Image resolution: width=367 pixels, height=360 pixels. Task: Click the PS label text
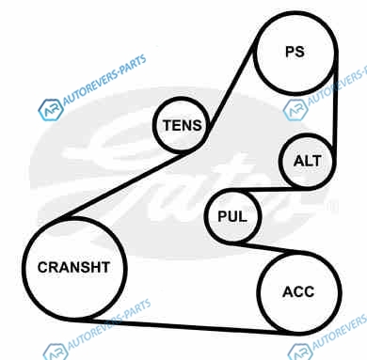295,52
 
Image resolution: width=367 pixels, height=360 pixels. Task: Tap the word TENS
183,125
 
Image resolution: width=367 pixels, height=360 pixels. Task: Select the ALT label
308,161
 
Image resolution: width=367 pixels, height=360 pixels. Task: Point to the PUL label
232,216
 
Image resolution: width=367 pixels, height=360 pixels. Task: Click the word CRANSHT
73,267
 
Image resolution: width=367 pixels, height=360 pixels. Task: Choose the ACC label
298,292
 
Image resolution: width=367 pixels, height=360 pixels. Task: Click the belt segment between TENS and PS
230,87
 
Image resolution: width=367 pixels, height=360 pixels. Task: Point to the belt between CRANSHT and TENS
125,185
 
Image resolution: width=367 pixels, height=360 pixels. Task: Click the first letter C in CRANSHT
42,267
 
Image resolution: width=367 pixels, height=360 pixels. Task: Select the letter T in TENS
168,125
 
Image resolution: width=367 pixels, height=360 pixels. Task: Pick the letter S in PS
300,52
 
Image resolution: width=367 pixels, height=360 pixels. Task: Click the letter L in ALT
309,161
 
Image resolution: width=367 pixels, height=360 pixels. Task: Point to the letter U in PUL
232,216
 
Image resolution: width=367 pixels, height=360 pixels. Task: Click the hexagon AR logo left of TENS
50,110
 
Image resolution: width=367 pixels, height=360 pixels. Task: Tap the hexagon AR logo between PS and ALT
295,110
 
